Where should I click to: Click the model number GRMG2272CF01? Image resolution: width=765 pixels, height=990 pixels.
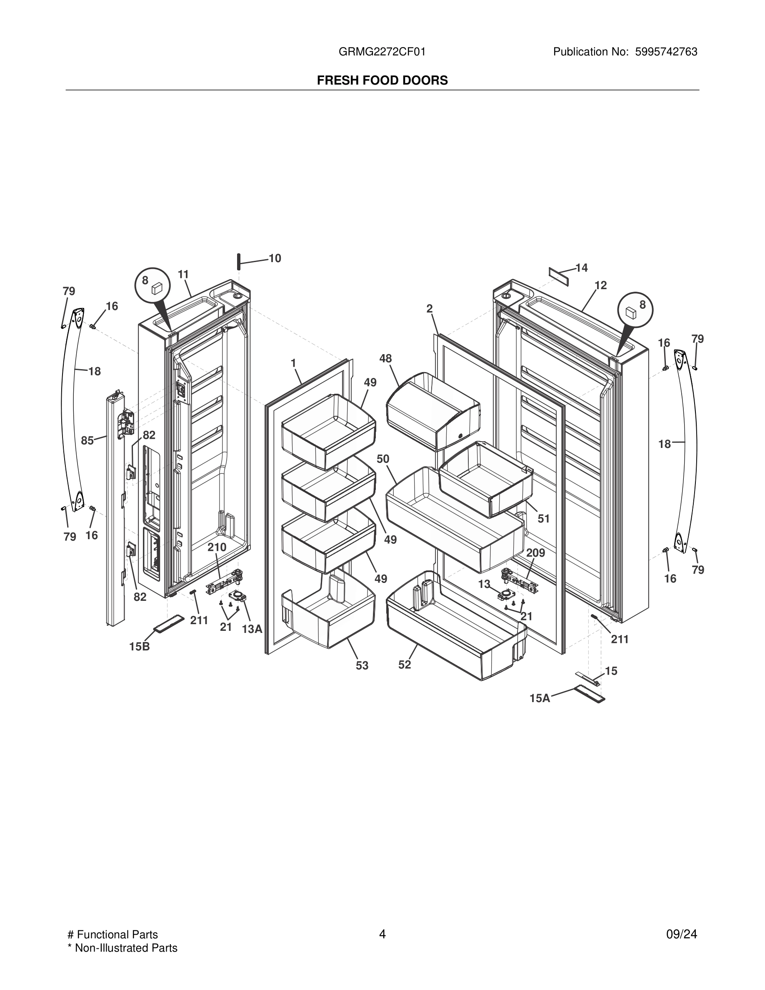[x=382, y=52]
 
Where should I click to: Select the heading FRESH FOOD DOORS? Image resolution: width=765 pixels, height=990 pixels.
[x=382, y=80]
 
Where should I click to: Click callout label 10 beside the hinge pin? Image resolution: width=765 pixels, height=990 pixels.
[x=275, y=258]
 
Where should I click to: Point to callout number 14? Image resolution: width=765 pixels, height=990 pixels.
[x=581, y=268]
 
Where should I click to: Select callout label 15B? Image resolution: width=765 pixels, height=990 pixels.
[x=139, y=646]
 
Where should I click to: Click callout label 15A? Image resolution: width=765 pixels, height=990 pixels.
[x=540, y=698]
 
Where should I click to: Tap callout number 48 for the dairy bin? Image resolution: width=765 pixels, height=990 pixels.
[x=385, y=359]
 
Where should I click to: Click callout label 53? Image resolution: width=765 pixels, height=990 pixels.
[x=362, y=665]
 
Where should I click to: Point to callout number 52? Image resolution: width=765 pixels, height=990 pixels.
[x=404, y=665]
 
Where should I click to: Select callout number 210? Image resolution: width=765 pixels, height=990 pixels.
[x=217, y=547]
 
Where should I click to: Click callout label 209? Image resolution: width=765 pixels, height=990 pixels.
[x=535, y=553]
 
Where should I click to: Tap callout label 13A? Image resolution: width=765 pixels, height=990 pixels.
[x=252, y=629]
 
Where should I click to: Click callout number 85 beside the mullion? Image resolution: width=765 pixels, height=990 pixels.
[x=87, y=440]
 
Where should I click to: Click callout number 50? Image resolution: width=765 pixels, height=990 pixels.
[x=383, y=459]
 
